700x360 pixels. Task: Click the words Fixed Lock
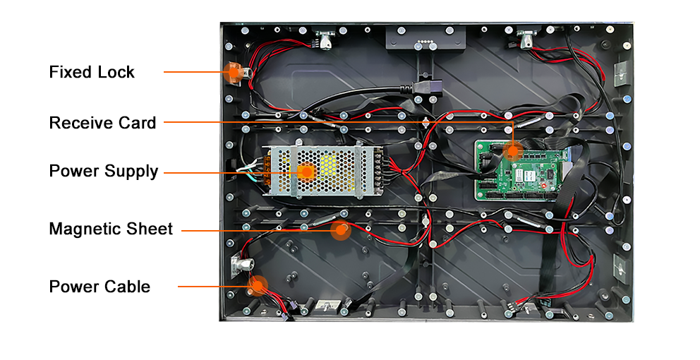[x=92, y=72]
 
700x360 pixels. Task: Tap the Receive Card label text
[x=102, y=123]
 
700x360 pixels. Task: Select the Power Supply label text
[x=104, y=171]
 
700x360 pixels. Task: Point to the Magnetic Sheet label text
[x=111, y=229]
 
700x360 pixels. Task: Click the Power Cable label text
[x=99, y=287]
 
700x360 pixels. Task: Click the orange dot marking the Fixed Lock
[x=232, y=71]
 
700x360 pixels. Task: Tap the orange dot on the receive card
[x=513, y=149]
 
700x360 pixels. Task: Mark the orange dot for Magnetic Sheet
[x=342, y=229]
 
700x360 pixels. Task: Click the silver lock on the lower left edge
[x=240, y=265]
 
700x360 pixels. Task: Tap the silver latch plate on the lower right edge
[x=620, y=267]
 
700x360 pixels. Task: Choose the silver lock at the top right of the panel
[x=526, y=39]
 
